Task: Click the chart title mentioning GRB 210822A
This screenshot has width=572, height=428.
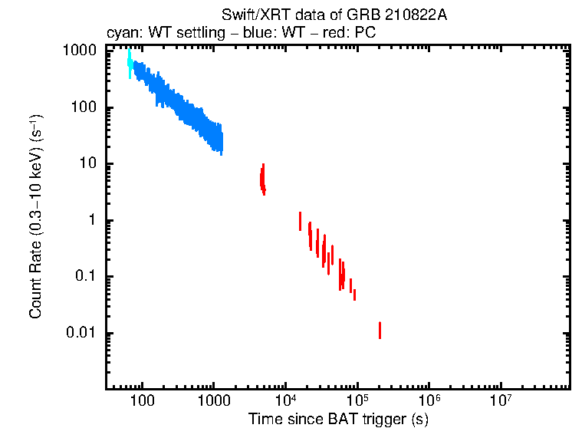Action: point(334,15)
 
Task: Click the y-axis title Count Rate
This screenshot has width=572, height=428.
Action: point(36,217)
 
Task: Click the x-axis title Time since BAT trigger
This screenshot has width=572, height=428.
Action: point(338,419)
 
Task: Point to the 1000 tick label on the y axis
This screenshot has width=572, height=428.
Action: point(79,51)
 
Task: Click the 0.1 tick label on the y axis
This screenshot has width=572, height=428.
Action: point(84,277)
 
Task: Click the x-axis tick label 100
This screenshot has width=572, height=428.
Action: point(143,400)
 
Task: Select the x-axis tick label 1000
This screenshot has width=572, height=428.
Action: point(213,400)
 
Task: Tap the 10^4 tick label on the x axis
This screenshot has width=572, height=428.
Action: point(285,400)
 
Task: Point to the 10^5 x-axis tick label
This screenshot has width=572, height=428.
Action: point(357,400)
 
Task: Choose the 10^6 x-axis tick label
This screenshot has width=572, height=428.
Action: point(429,400)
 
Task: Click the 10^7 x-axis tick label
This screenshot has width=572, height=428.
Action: point(501,400)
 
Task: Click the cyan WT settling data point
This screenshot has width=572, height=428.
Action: point(130,63)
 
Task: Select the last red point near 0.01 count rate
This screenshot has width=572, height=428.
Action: point(380,330)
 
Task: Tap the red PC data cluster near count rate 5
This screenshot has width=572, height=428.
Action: point(262,180)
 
